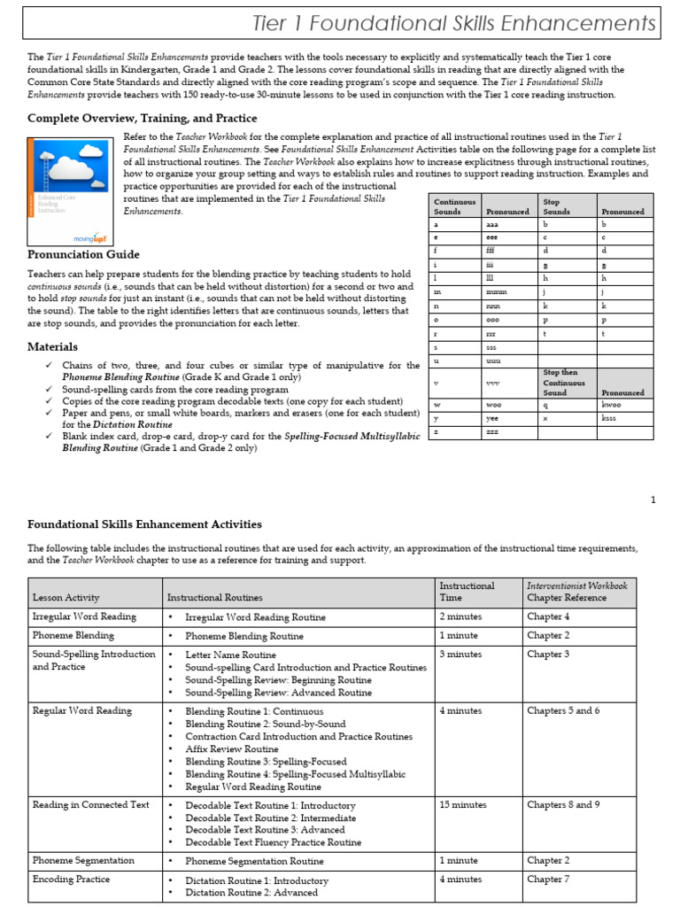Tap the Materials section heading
click(52, 346)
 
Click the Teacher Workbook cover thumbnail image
click(73, 190)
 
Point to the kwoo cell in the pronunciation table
click(610, 403)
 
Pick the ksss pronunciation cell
click(610, 416)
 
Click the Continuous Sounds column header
click(454, 206)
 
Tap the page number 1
click(653, 500)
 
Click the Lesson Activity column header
click(66, 598)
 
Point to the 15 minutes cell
click(462, 805)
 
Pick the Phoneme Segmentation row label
click(83, 860)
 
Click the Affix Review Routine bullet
click(231, 748)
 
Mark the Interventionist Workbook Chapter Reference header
click(577, 592)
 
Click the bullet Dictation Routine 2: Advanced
click(251, 893)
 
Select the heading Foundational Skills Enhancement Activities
click(144, 524)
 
